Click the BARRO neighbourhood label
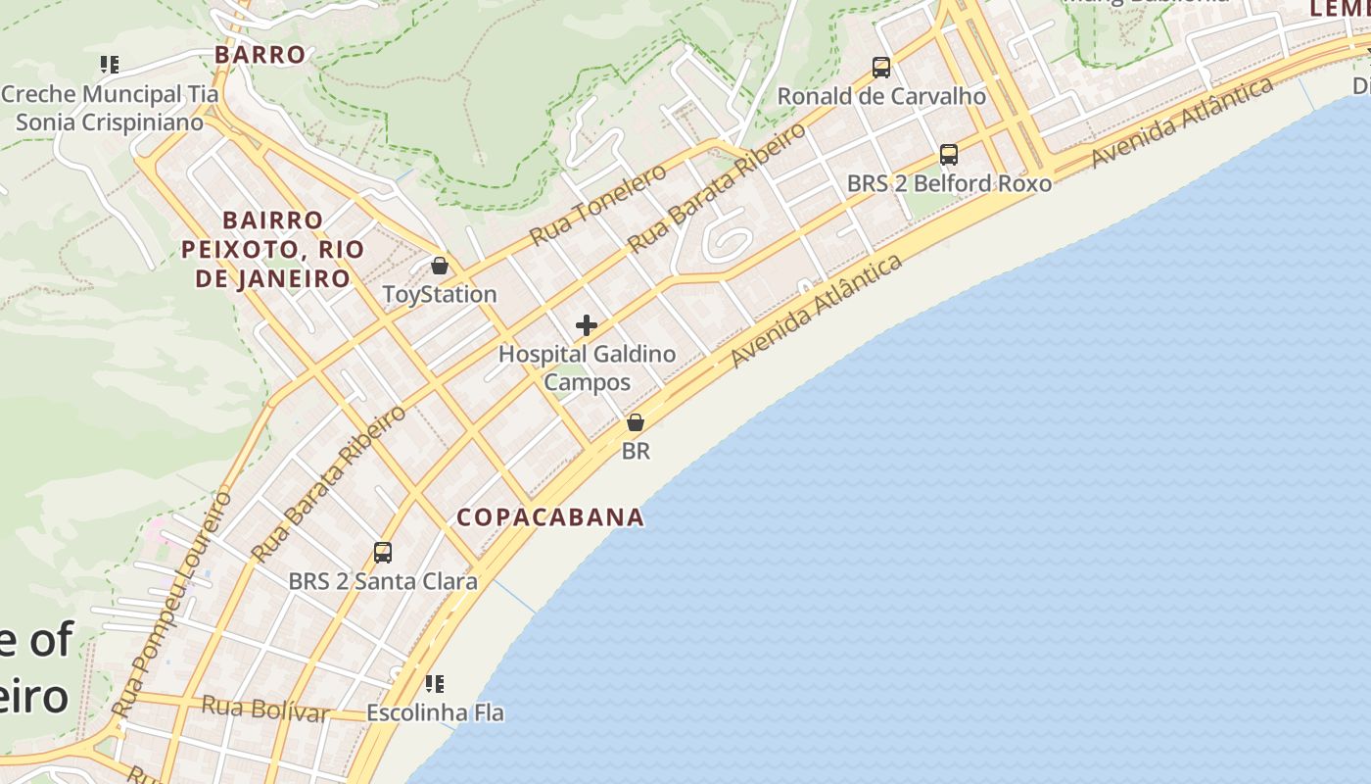tap(260, 55)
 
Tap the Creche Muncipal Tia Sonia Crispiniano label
tap(110, 108)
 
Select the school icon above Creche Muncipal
tap(110, 66)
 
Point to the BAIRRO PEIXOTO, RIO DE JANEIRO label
tap(272, 249)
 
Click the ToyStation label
tap(440, 294)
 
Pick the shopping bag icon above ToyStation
tap(440, 266)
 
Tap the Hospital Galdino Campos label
tap(587, 367)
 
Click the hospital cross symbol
tap(587, 325)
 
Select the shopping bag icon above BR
tap(636, 422)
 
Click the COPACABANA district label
tap(550, 517)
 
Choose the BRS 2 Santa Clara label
tap(383, 581)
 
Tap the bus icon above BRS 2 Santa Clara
tap(383, 553)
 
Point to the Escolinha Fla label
tap(435, 712)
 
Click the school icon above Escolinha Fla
tap(435, 683)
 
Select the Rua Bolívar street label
tap(265, 709)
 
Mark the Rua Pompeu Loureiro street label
tap(172, 604)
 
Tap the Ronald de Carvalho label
tap(881, 96)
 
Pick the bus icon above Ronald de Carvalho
tap(881, 68)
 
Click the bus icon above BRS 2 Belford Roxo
tap(948, 155)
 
